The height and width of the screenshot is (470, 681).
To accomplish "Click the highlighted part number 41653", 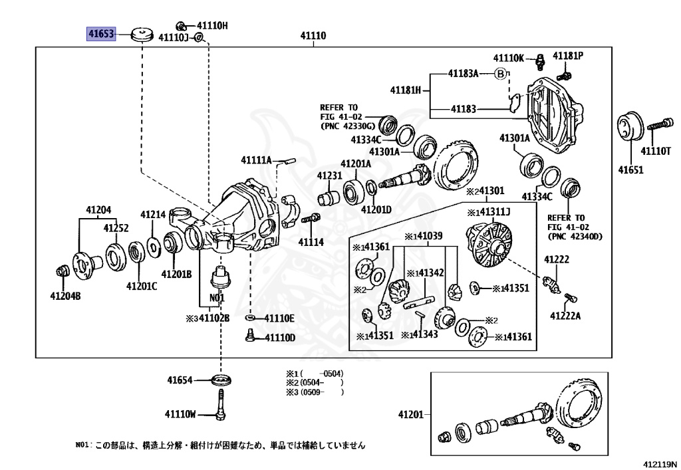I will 102,33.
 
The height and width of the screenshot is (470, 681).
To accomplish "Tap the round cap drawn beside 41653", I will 141,34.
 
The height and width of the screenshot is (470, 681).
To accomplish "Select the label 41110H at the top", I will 211,25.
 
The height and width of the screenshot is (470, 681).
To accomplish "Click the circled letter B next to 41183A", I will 501,74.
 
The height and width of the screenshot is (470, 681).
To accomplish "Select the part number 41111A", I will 256,160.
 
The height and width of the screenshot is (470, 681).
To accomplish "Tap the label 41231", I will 329,176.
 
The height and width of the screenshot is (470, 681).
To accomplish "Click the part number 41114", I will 311,242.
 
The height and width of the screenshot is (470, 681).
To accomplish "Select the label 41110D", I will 279,338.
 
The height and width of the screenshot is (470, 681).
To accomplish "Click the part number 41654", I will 180,380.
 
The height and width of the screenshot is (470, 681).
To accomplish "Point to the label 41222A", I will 565,315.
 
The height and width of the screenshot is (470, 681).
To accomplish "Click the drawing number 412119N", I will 659,463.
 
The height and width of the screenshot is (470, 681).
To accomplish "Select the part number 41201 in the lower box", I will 410,415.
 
